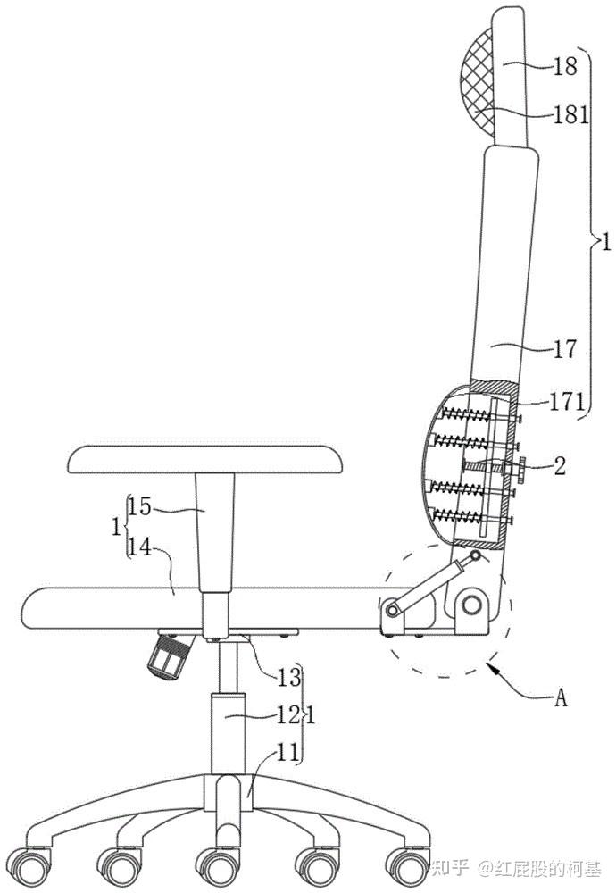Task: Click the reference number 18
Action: click(566, 67)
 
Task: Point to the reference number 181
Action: click(571, 115)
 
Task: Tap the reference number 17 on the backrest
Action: click(565, 348)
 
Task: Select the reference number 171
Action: click(567, 402)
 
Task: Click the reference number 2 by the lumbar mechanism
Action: click(561, 466)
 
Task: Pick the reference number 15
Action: click(139, 506)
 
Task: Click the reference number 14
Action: click(139, 548)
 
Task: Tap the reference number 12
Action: click(288, 715)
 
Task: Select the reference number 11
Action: click(287, 753)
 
